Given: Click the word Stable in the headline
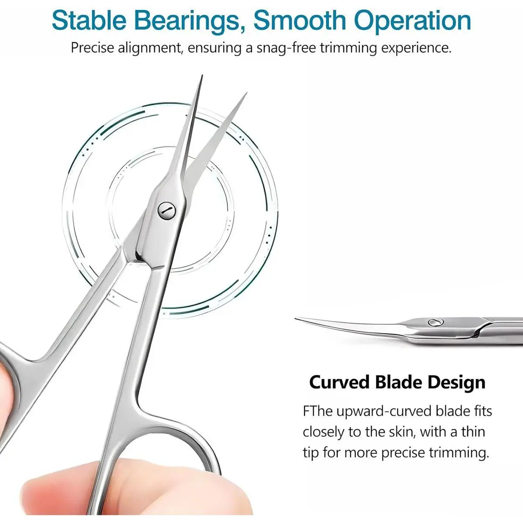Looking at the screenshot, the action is (88, 21).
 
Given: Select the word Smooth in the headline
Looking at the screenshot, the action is (300, 21).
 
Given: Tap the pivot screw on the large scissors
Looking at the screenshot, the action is (166, 210).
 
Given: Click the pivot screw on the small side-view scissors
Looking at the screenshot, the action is (435, 323).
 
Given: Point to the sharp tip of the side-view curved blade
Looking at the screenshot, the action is (296, 318).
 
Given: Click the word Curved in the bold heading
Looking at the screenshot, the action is (339, 382).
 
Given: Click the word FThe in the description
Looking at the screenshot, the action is (318, 411).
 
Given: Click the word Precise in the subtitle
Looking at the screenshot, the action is (92, 48).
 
